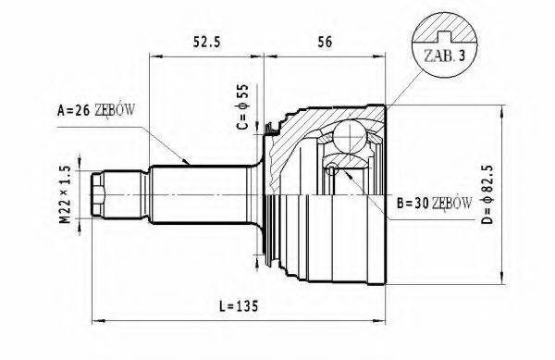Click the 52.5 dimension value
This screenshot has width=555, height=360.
(206, 42)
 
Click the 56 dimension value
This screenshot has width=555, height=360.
(324, 42)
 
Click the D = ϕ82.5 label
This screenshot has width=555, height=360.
(523, 188)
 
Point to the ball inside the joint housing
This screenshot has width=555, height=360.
(349, 139)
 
